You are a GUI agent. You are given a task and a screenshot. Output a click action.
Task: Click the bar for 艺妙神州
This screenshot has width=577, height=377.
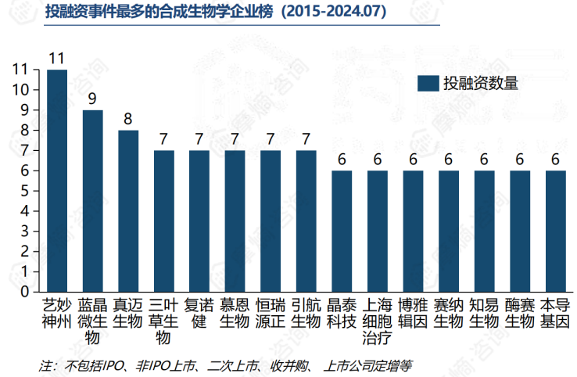(57, 181)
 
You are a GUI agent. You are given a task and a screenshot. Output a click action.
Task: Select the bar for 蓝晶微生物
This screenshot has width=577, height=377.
(93, 201)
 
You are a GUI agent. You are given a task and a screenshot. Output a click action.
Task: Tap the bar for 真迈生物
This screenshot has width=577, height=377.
(128, 211)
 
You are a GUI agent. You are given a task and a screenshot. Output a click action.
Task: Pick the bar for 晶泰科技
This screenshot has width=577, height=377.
(342, 231)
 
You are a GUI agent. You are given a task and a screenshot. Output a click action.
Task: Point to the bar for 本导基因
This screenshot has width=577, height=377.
(555, 231)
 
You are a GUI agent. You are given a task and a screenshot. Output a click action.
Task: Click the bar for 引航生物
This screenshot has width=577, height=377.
(306, 221)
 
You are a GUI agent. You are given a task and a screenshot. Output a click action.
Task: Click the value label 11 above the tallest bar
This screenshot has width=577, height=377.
(56, 58)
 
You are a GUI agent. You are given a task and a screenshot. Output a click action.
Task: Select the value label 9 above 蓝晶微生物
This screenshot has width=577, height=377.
(93, 99)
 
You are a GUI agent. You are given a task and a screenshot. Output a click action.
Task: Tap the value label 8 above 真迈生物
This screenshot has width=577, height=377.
(128, 119)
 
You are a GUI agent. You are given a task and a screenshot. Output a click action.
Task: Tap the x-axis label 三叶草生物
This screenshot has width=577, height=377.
(163, 321)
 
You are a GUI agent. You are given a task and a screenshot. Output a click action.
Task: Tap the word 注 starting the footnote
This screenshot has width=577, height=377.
(45, 364)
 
